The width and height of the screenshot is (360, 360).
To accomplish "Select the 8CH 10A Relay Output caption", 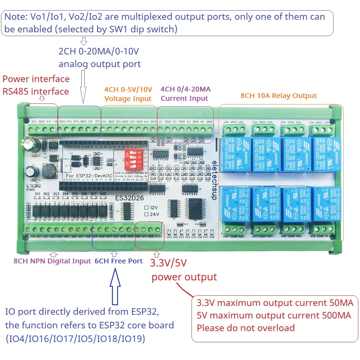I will click(278, 96).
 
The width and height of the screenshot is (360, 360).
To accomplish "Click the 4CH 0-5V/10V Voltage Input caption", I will click(128, 94).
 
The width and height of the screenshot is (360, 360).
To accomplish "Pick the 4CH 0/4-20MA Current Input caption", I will click(185, 94).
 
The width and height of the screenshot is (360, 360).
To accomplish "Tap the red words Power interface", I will click(36, 79).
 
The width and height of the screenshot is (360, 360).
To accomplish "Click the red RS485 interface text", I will click(36, 91).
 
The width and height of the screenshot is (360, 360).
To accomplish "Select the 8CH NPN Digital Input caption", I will click(52, 261).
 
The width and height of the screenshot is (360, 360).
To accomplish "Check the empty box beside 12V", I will click(146, 207).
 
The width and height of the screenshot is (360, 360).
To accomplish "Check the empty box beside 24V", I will click(146, 214).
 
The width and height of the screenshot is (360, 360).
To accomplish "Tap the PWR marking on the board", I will click(30, 191).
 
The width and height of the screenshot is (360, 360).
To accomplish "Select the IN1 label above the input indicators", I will click(38, 194).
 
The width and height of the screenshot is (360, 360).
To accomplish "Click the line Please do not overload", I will click(246, 328).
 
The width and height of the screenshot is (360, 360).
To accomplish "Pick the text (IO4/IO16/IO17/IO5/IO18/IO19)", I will click(75, 339).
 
